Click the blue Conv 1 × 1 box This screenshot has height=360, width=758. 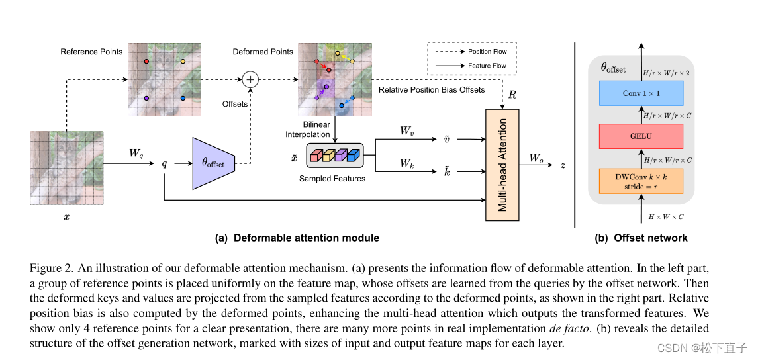pos(640,93)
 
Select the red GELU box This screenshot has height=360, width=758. pos(640,136)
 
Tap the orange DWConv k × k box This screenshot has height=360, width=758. pos(640,181)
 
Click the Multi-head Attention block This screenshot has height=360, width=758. pos(502,165)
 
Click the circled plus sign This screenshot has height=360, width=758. pos(250,80)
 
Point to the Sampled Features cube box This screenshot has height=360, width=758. pos(334,156)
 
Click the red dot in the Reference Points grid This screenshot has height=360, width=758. pos(146,61)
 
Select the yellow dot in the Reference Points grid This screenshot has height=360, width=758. pos(183,61)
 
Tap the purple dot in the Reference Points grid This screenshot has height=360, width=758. pos(146,98)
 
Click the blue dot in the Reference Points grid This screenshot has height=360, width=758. pos(183,98)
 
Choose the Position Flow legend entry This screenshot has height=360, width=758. pos(471,51)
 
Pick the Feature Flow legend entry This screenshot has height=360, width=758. pos(471,66)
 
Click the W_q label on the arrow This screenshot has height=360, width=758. pos(136,154)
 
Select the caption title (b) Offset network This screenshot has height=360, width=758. pos(641,238)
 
